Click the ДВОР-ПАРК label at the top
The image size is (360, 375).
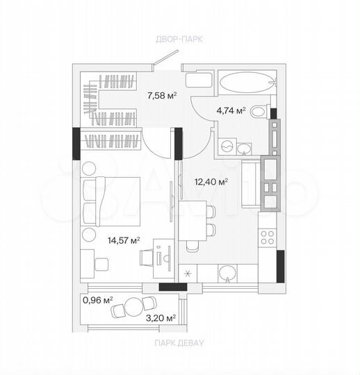coord(179,40)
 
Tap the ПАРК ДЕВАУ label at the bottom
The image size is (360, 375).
coord(179,342)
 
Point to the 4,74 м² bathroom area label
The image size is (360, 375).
coord(231,110)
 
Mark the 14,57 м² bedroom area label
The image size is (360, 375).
coord(124,240)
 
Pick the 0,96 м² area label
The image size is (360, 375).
coord(98,301)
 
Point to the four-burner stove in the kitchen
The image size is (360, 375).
coord(267,237)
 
